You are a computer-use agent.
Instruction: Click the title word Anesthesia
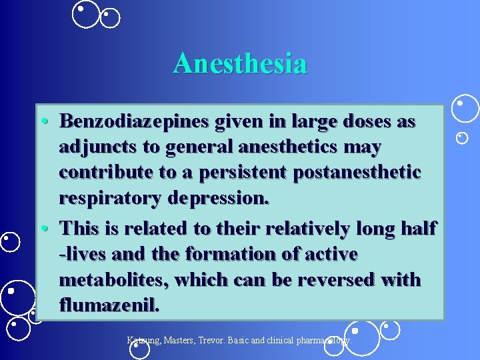click(x=240, y=64)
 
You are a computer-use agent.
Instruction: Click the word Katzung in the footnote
click(x=144, y=340)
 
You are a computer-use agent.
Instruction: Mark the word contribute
click(x=101, y=172)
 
